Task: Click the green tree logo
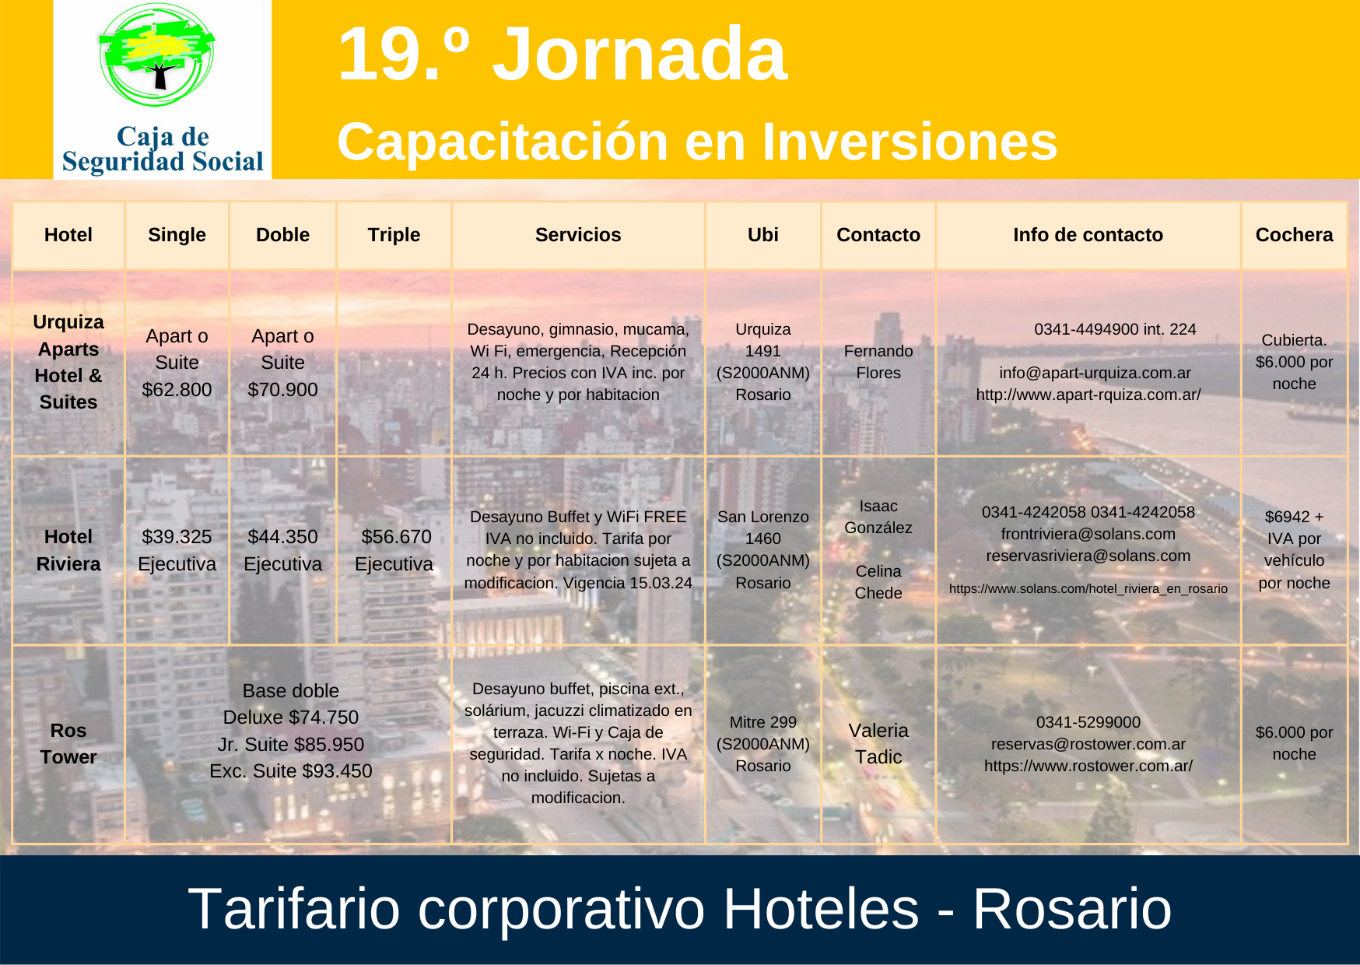(157, 56)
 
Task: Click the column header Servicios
(578, 235)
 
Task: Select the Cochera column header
(1294, 235)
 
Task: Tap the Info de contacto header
(1088, 235)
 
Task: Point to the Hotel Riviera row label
(68, 550)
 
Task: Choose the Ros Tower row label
(68, 744)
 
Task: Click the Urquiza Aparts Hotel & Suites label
(68, 362)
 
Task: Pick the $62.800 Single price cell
(177, 363)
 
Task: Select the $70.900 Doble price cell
(282, 363)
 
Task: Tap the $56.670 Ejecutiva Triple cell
(394, 550)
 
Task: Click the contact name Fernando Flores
(878, 362)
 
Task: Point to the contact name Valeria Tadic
(878, 744)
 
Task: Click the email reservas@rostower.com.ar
(1088, 744)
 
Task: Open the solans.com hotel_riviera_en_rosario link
(1088, 589)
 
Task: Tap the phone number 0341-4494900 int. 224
(1115, 329)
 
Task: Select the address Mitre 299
(762, 722)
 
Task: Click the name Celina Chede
(878, 582)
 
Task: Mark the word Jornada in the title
(640, 54)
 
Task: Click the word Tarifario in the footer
(294, 909)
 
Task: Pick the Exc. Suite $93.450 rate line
(291, 771)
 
